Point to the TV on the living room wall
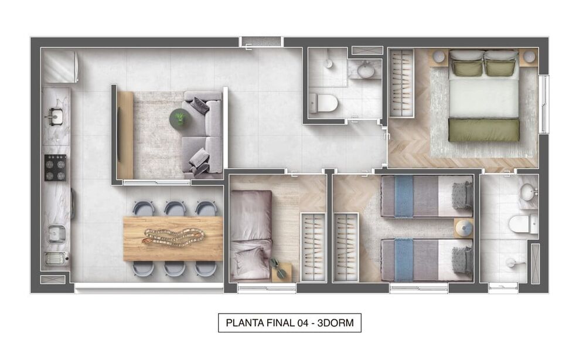pyautogui.click(x=120, y=134)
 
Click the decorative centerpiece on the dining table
pyautogui.click(x=174, y=237)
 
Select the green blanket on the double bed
pyautogui.click(x=484, y=130)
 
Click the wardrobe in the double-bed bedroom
pyautogui.click(x=401, y=84)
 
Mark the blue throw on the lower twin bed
pyautogui.click(x=404, y=259)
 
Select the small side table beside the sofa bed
pyautogui.click(x=282, y=271)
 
